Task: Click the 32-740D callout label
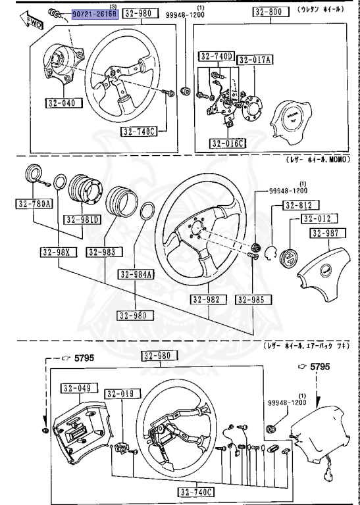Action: click(217, 57)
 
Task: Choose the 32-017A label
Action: click(255, 60)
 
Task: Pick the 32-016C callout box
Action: click(227, 143)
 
